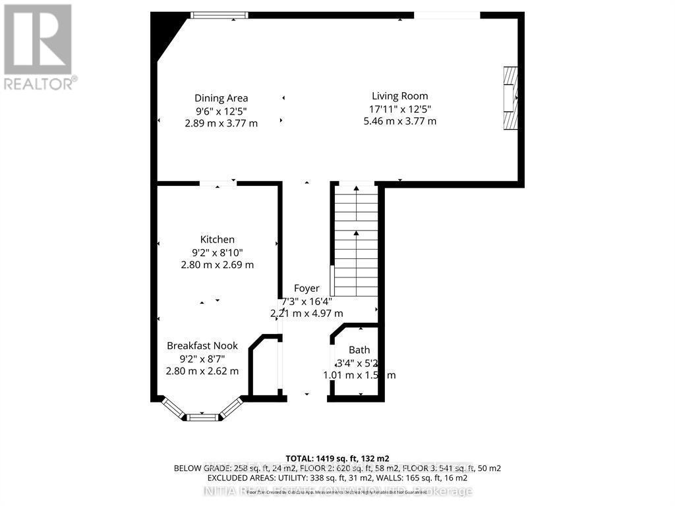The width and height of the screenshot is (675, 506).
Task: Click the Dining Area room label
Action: [221, 98]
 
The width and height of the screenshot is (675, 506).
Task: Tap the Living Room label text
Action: [399, 96]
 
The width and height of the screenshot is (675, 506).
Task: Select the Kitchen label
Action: [217, 239]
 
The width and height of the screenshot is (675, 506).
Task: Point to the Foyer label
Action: [307, 288]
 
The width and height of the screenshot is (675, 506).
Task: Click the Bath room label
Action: [359, 350]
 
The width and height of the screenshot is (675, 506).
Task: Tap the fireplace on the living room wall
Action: [510, 101]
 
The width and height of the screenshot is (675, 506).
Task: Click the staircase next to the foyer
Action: [356, 240]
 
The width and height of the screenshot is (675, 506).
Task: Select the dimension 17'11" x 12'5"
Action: [399, 109]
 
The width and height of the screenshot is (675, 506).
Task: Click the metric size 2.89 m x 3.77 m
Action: [221, 123]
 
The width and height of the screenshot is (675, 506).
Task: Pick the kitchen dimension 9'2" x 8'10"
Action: [217, 252]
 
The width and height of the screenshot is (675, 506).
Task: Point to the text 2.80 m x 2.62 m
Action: [202, 371]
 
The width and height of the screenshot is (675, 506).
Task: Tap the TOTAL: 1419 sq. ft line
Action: [337, 457]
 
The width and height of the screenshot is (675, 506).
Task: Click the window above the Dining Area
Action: [220, 15]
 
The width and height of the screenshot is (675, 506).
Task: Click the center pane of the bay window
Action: [201, 417]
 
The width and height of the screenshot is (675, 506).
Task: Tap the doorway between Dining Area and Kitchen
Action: [218, 184]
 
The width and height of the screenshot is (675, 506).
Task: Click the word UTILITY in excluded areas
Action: [291, 478]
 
